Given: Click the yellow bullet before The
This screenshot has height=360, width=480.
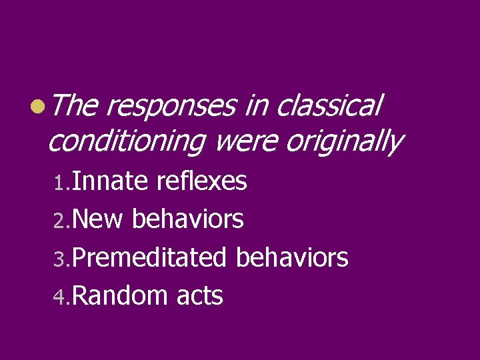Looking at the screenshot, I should [39, 106].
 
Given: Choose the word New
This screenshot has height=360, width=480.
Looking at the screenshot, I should [97, 219].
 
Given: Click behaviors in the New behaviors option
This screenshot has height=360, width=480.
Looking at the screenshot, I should [188, 219].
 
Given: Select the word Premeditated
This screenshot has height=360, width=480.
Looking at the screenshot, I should [150, 257].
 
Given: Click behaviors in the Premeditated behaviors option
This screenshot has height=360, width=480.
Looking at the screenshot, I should [293, 257].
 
